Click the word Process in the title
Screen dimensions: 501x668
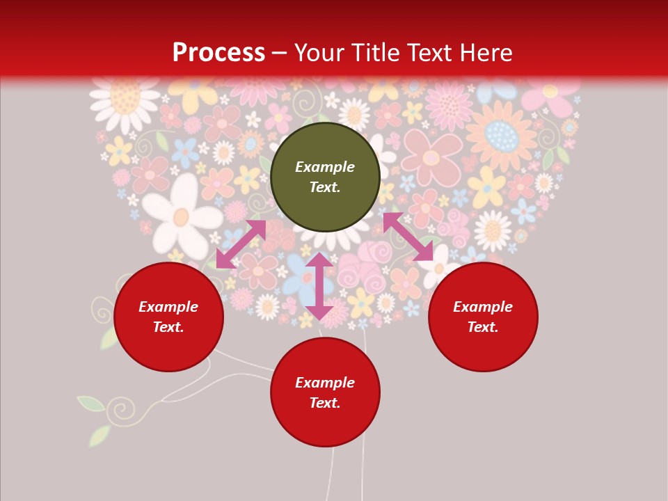click(218, 53)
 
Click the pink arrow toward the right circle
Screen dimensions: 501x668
click(408, 237)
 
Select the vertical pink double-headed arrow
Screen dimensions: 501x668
click(319, 286)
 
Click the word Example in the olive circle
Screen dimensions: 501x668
click(325, 167)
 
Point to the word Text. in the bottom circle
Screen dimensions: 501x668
click(325, 403)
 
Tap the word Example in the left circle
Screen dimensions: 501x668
click(168, 307)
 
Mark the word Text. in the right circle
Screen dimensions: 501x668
click(483, 327)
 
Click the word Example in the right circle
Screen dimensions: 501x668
click(483, 307)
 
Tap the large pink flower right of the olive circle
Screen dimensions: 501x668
click(431, 157)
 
